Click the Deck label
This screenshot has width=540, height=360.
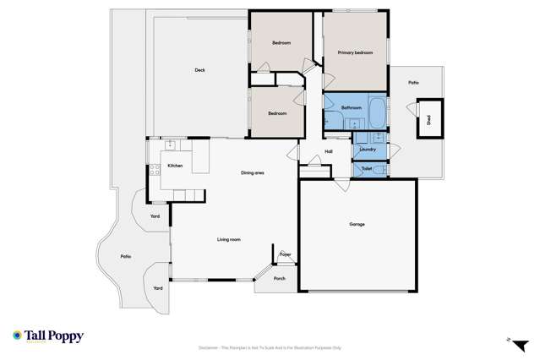(x=199, y=70)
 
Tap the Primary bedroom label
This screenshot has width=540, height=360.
(x=355, y=53)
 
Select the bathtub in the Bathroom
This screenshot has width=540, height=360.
(x=377, y=110)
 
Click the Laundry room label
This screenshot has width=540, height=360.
(x=367, y=150)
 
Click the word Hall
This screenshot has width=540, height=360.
(x=328, y=152)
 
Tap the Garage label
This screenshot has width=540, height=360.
(x=357, y=225)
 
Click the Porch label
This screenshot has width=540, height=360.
(x=279, y=278)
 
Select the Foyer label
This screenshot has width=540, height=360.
(x=286, y=254)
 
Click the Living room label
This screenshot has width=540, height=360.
(x=229, y=240)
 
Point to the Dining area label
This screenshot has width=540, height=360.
(x=253, y=173)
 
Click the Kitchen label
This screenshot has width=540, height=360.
(x=175, y=166)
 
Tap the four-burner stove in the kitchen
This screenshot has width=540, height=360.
(x=154, y=170)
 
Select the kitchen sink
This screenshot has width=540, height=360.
(x=169, y=144)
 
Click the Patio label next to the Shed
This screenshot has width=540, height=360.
(x=413, y=83)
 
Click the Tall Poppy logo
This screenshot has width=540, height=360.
(x=48, y=335)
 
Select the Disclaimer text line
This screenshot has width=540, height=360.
(x=270, y=347)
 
